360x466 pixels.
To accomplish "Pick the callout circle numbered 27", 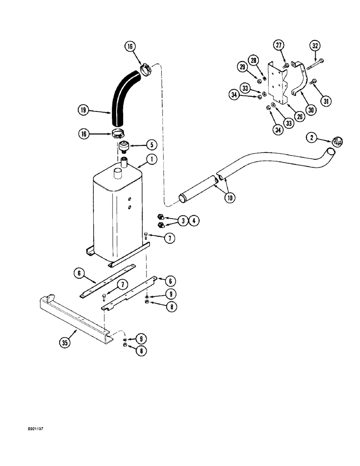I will tap(279, 46).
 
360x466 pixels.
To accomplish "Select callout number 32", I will tap(316, 46).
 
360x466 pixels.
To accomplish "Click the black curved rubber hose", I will tap(119, 96).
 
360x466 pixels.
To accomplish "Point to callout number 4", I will tap(192, 220).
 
